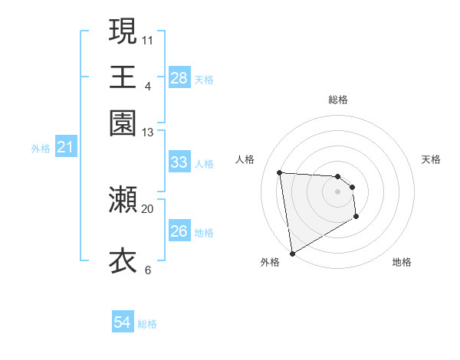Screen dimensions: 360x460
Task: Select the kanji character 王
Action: pyautogui.click(x=123, y=77)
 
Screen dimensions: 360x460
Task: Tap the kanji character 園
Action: pyautogui.click(x=123, y=123)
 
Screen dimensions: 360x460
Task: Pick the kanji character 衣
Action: pyautogui.click(x=123, y=261)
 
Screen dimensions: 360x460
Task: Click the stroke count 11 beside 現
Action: pyautogui.click(x=148, y=40)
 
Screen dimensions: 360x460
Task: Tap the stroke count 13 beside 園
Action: pyautogui.click(x=148, y=133)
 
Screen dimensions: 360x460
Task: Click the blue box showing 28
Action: pyautogui.click(x=179, y=78)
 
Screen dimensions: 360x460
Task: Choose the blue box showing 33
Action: pyautogui.click(x=179, y=162)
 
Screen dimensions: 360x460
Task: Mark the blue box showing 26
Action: pyautogui.click(x=179, y=231)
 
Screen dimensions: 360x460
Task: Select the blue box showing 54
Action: pyautogui.click(x=123, y=323)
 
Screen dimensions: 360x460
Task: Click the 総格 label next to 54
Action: pyautogui.click(x=148, y=324)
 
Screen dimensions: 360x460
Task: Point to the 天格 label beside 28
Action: pyautogui.click(x=204, y=79)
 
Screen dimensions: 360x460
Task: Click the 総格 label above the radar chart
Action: pyautogui.click(x=338, y=100)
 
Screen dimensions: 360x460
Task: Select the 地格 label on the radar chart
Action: pyautogui.click(x=402, y=263)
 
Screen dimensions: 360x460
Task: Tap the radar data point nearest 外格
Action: pyautogui.click(x=293, y=253)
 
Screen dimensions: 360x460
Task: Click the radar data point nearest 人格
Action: pyautogui.click(x=280, y=172)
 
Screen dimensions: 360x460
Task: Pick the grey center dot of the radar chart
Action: pyautogui.click(x=338, y=191)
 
